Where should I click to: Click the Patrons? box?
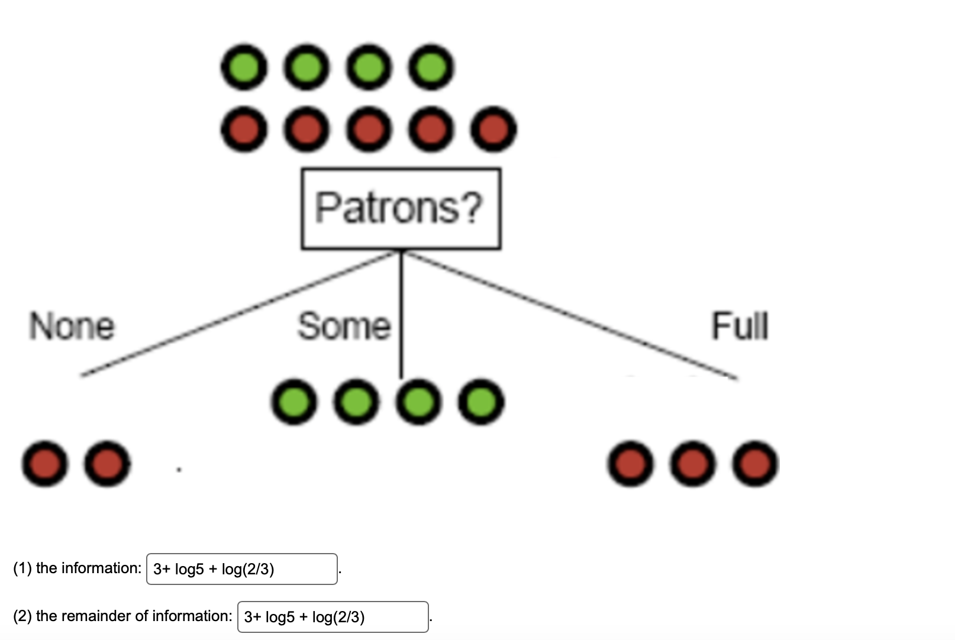click(401, 208)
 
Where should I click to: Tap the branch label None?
click(72, 327)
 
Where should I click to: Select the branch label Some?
click(344, 327)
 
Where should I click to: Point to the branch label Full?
click(740, 327)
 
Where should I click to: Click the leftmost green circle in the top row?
click(243, 67)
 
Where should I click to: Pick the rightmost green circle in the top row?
click(431, 67)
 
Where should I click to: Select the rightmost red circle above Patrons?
click(493, 129)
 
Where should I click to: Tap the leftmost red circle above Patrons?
click(243, 129)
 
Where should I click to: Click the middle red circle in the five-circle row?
click(369, 129)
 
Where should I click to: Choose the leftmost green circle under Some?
click(293, 402)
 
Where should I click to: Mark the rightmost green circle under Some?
click(482, 402)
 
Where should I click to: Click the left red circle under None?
click(44, 464)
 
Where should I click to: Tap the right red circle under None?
click(107, 464)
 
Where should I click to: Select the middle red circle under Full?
click(693, 464)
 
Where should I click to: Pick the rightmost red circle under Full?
click(756, 464)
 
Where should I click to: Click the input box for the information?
click(241, 569)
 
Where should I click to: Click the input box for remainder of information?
click(333, 617)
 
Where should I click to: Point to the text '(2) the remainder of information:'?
click(122, 616)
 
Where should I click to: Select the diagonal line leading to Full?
click(568, 313)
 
